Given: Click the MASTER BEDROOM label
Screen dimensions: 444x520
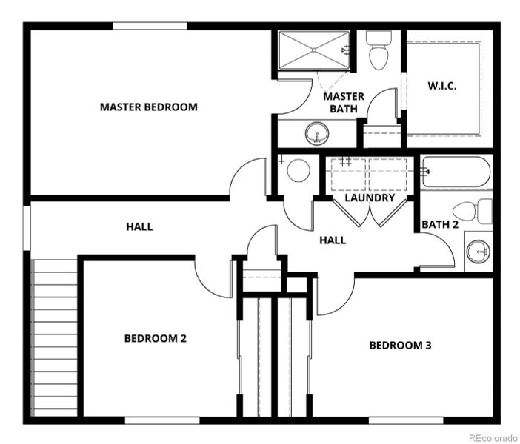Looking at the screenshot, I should click(x=148, y=107).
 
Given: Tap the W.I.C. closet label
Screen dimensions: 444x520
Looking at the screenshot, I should click(x=441, y=86).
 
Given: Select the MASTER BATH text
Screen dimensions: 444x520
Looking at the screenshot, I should click(x=344, y=102).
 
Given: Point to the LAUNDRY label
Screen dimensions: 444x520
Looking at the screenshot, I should click(x=369, y=198).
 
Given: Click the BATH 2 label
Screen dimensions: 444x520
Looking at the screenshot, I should click(x=439, y=224).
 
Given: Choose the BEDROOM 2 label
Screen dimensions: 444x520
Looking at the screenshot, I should click(x=155, y=338).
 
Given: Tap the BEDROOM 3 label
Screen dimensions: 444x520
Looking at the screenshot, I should click(x=400, y=345).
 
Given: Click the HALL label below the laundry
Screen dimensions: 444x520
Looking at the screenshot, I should click(x=333, y=240).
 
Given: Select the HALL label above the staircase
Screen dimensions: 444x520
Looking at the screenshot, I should click(x=139, y=226).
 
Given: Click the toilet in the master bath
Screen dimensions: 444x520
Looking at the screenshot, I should click(x=379, y=52).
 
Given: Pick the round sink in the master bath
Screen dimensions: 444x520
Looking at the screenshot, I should click(x=318, y=135).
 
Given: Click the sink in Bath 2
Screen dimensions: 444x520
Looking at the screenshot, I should click(x=478, y=252).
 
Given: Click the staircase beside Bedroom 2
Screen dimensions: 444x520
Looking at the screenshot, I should click(x=55, y=337).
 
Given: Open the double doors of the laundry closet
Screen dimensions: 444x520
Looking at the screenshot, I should click(x=370, y=213).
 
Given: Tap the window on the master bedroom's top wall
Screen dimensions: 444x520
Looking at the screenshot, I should click(x=150, y=27).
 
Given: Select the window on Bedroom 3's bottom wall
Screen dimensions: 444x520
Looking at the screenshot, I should click(x=400, y=420).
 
